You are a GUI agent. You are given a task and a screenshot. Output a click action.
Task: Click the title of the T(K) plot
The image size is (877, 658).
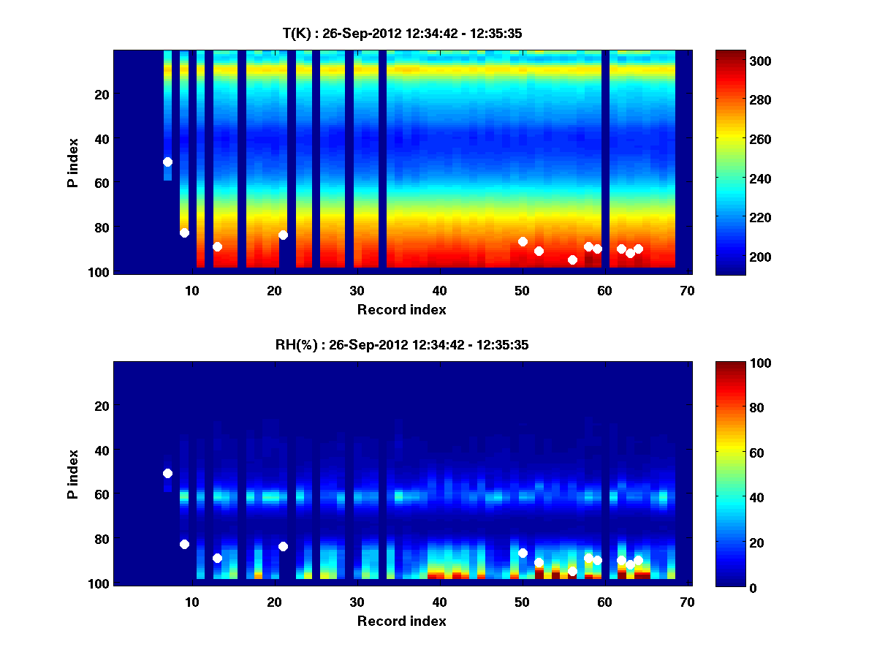[x=402, y=33]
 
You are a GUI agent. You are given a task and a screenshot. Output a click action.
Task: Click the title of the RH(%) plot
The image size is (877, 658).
[x=402, y=345]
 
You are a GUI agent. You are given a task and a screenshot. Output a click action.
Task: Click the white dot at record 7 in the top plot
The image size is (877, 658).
[x=167, y=162]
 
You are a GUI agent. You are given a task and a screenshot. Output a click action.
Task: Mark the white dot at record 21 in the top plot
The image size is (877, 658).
[x=283, y=235]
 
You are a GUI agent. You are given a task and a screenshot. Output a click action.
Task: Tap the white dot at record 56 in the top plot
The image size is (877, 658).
[x=572, y=260]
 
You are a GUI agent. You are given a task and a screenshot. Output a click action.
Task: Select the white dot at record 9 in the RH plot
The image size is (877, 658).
[x=184, y=544]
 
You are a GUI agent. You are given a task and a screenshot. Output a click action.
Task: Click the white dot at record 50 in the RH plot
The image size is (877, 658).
[x=523, y=553]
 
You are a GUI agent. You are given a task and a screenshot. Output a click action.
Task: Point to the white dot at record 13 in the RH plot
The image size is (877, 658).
[x=217, y=558]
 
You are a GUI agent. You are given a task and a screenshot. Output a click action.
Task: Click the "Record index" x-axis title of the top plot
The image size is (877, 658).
[x=401, y=309]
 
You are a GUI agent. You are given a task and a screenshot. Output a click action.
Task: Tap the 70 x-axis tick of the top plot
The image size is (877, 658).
[x=687, y=290]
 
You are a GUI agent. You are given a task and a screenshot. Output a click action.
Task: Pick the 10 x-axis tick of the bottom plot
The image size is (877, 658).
[x=191, y=602]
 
